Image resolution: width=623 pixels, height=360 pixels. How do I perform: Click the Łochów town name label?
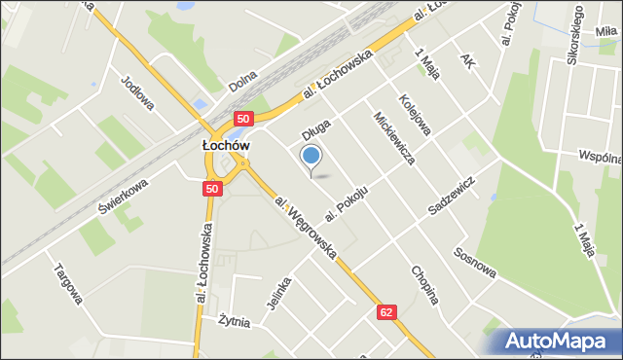tap(226, 145)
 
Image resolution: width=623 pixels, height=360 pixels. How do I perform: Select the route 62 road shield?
tap(387, 312)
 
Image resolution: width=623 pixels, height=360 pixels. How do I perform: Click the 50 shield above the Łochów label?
tap(243, 119)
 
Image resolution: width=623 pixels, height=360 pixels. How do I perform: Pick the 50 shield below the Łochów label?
tap(213, 189)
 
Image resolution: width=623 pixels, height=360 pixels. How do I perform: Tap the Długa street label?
tap(315, 129)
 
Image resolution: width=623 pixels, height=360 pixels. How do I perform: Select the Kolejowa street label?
tap(415, 116)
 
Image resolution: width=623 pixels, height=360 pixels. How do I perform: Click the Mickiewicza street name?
tap(394, 137)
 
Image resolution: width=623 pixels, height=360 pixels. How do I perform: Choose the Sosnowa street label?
tap(475, 260)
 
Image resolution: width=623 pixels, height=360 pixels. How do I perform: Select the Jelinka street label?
tap(283, 291)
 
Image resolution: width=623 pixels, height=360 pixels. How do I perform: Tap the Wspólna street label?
tap(598, 159)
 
